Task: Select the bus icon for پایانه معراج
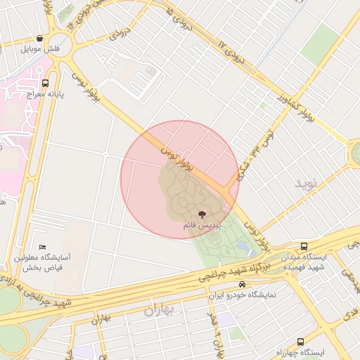click(46, 82)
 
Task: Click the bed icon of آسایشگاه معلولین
click(43, 247)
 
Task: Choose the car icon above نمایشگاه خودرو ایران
click(243, 285)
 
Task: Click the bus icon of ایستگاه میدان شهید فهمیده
click(304, 247)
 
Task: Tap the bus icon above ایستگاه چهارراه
click(301, 342)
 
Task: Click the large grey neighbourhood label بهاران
click(160, 309)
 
